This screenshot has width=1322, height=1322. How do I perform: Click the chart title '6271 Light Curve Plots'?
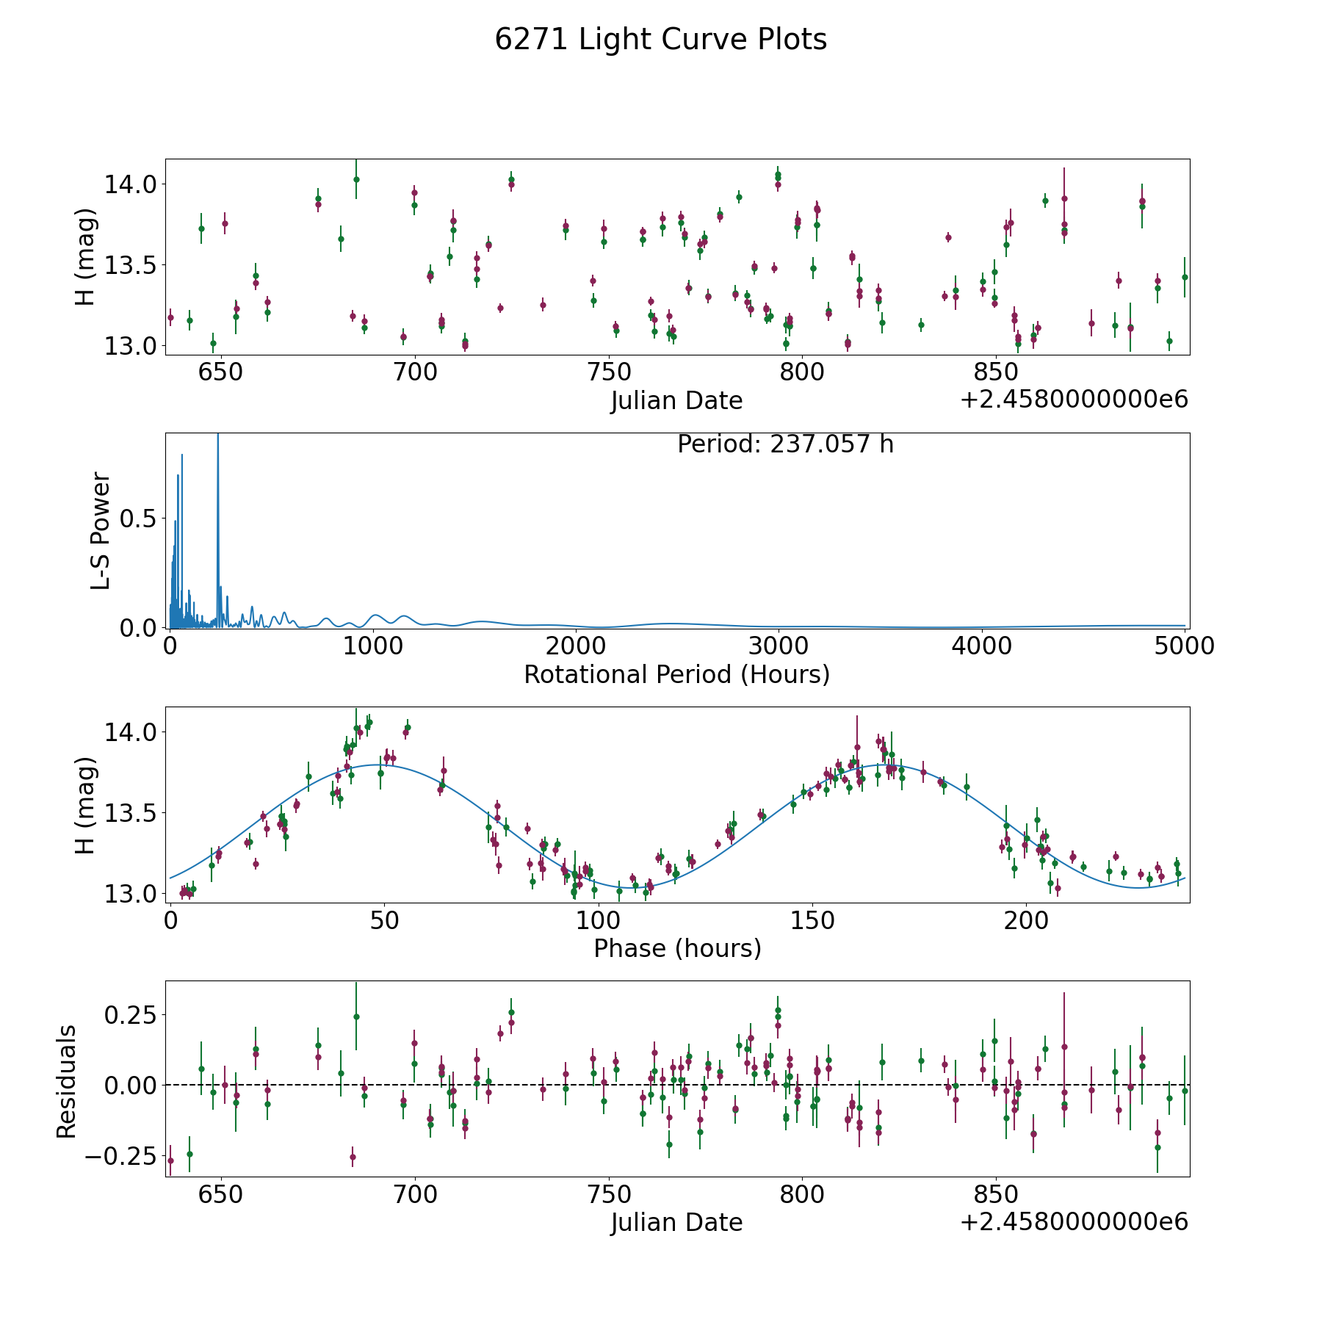660,40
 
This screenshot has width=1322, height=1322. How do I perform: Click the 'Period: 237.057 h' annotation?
785,444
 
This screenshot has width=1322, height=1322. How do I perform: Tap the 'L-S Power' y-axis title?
101,531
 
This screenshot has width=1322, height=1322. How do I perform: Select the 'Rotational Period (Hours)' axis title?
676,674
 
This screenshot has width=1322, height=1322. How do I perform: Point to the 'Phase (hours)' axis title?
677,948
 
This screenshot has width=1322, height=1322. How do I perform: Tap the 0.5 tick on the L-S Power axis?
140,519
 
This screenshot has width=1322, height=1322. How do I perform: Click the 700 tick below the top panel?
415,372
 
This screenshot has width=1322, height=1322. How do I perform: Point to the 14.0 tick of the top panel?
131,184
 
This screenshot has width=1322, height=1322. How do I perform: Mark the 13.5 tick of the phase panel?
131,813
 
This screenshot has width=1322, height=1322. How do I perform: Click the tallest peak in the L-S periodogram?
217,435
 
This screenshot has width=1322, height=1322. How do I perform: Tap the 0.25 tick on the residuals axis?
131,1015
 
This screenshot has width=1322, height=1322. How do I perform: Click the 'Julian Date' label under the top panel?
676,401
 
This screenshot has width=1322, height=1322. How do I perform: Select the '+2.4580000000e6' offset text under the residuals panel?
1074,1221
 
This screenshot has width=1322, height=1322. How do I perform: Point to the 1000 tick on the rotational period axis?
373,646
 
